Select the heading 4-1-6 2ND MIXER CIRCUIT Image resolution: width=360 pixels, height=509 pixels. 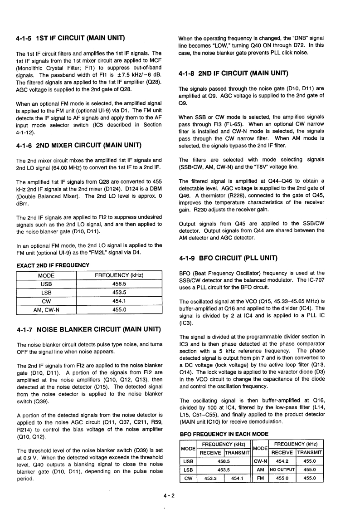78,146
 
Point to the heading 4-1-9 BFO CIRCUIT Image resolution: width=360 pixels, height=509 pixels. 229,258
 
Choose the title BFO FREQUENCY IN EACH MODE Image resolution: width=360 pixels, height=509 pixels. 224,434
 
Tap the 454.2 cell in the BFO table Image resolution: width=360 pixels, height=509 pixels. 282,461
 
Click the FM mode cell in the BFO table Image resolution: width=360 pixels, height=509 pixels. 260,478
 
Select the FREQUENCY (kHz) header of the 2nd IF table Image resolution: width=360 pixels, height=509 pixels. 119,275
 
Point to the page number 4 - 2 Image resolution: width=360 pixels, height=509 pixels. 172,495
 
